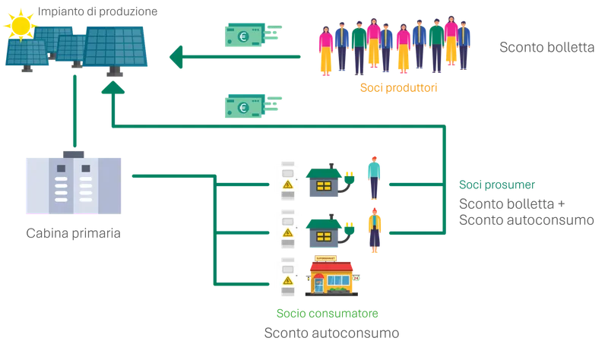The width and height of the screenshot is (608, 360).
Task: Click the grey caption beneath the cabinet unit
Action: (72, 232)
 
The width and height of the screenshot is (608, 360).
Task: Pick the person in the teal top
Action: (373, 176)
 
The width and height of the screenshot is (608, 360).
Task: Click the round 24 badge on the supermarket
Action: (356, 279)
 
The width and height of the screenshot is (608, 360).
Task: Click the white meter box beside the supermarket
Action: (287, 275)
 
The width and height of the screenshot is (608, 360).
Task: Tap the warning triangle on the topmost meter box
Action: (287, 185)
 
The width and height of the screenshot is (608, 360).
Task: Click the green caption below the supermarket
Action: (328, 314)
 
